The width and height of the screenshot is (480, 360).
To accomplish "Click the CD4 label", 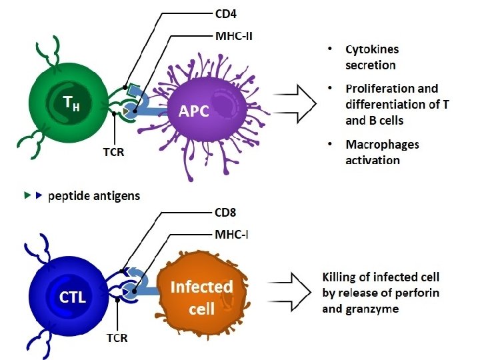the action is click(x=226, y=14).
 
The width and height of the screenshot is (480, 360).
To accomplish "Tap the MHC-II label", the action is click(x=234, y=37).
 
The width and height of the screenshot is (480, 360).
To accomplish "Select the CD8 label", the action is click(x=225, y=213).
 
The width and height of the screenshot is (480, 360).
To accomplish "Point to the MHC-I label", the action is click(x=231, y=235).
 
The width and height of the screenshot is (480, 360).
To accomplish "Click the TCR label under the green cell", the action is click(x=113, y=152).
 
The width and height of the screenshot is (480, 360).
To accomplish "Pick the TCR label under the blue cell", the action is click(x=117, y=338).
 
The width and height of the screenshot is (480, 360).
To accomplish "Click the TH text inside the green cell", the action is click(x=71, y=103).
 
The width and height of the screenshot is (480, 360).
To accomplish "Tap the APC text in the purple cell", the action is click(x=194, y=111).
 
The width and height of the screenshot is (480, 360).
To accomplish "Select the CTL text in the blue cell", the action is click(x=72, y=297).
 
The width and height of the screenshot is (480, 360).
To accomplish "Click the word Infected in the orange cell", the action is click(x=202, y=287).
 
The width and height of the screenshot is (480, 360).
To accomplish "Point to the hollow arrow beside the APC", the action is click(x=295, y=104).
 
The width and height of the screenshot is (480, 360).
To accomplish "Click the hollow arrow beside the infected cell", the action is click(x=289, y=292).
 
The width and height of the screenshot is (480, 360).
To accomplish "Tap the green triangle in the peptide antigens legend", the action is click(x=27, y=195).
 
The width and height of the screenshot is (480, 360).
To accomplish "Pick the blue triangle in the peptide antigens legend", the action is click(x=39, y=195).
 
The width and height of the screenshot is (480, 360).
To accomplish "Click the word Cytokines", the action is click(x=372, y=49).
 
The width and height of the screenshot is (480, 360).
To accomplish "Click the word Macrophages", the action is click(x=383, y=145).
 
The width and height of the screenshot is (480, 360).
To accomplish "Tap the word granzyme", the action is click(x=373, y=309).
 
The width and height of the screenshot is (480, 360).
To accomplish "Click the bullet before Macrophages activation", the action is click(x=330, y=144).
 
